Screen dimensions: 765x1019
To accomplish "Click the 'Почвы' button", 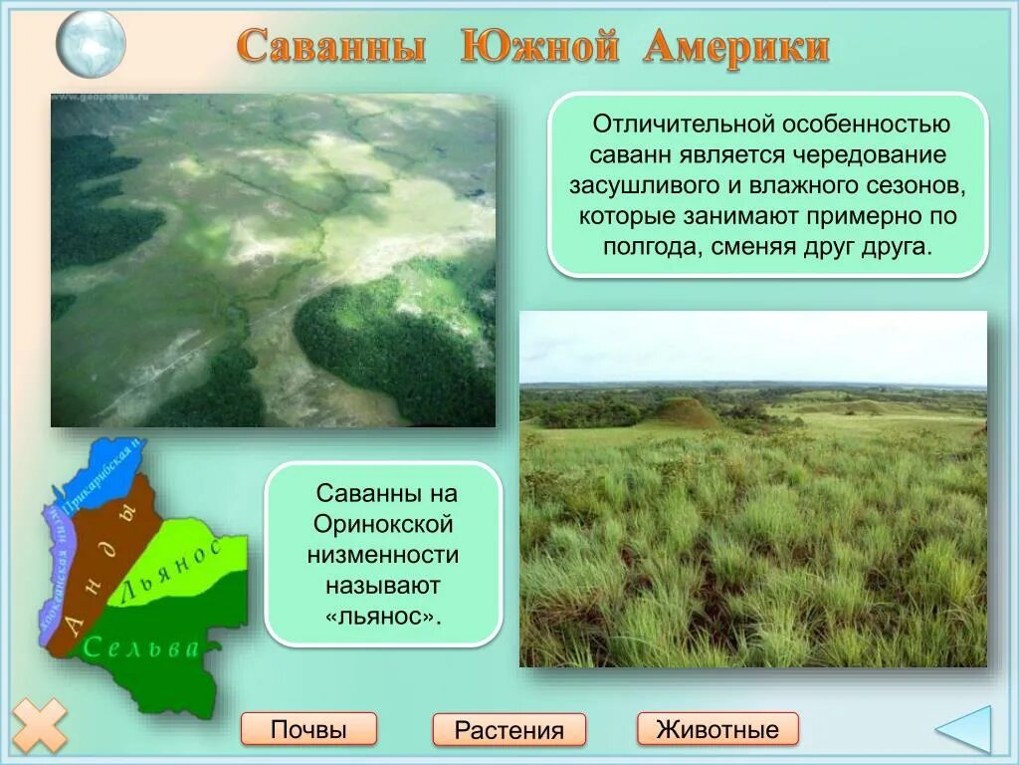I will click(308, 729).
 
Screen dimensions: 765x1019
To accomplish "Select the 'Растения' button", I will click(509, 730).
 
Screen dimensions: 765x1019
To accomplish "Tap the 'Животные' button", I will click(717, 729).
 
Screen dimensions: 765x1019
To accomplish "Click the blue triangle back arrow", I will click(967, 730).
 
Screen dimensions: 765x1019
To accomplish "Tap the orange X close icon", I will click(40, 725).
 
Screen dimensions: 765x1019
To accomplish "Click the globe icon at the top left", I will click(91, 43).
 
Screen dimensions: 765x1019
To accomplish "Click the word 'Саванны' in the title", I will click(332, 47).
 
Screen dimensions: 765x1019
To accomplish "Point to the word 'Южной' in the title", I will click(538, 47).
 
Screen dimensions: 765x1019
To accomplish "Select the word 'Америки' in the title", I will click(736, 47).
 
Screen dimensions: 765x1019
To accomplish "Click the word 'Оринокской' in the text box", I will click(383, 524).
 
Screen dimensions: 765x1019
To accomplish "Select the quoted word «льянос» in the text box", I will click(383, 617).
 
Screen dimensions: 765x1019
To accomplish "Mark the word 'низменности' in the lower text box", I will click(383, 555).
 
